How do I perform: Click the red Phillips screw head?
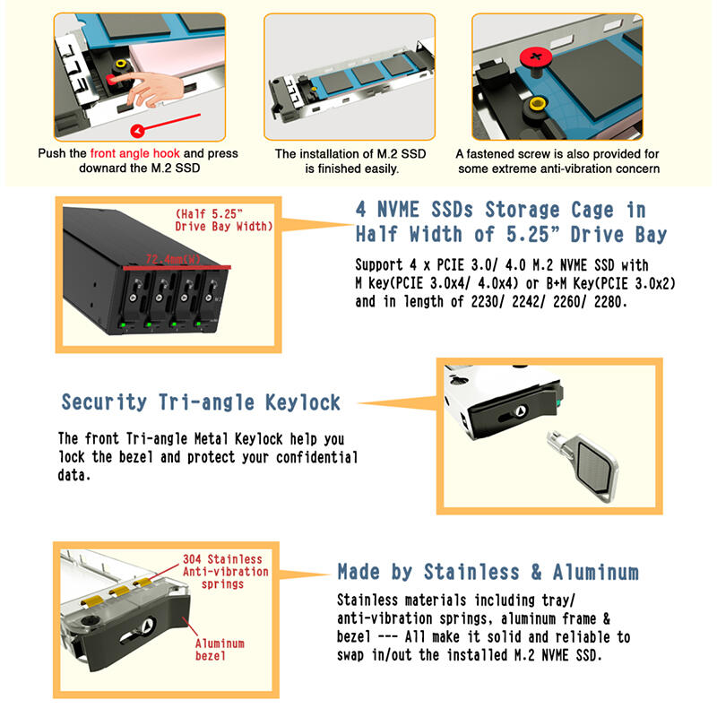pyautogui.click(x=535, y=58)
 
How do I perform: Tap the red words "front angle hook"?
pyautogui.click(x=135, y=153)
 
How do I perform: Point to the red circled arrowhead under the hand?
pyautogui.click(x=137, y=131)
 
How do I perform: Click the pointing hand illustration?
pyautogui.click(x=151, y=89)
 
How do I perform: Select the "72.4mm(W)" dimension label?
pyautogui.click(x=173, y=259)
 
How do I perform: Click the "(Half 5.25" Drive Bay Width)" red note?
pyautogui.click(x=223, y=220)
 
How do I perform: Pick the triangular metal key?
pyautogui.click(x=583, y=465)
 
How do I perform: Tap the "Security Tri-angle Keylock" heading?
pyautogui.click(x=201, y=402)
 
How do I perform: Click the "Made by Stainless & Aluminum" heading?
pyautogui.click(x=488, y=572)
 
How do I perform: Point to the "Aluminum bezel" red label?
pyautogui.click(x=220, y=649)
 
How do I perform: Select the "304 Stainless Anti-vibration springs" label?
pyautogui.click(x=226, y=572)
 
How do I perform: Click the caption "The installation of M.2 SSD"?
pyautogui.click(x=350, y=153)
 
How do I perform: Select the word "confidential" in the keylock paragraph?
pyautogui.click(x=317, y=457)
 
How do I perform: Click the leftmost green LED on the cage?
pyautogui.click(x=123, y=324)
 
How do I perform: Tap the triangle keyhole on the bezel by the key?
pyautogui.click(x=520, y=411)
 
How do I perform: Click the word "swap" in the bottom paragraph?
pyautogui.click(x=350, y=655)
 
